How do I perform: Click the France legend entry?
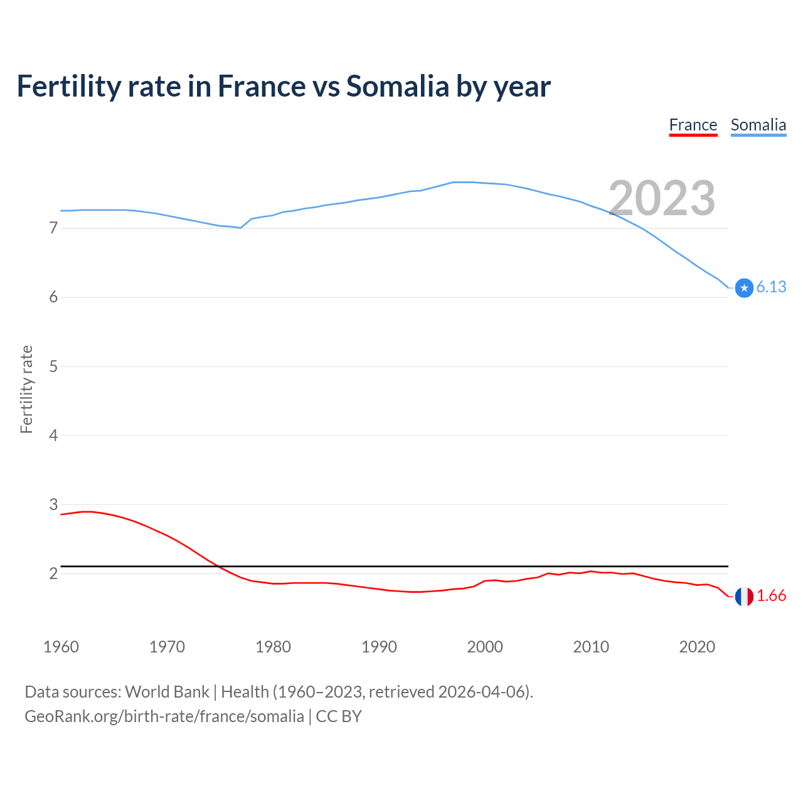click(x=693, y=125)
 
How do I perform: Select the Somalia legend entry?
click(x=758, y=125)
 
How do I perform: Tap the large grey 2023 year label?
click(x=662, y=198)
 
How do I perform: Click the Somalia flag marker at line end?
click(x=744, y=288)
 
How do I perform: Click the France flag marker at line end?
click(x=744, y=597)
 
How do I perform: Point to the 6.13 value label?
click(x=771, y=287)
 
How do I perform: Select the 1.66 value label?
click(x=771, y=596)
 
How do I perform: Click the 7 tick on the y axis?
click(x=53, y=228)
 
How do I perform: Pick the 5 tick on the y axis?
click(x=53, y=366)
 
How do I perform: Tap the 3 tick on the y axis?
click(x=53, y=504)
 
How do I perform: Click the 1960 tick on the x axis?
click(x=61, y=647)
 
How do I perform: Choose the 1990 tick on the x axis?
click(x=379, y=647)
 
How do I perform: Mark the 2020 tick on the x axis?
click(x=697, y=647)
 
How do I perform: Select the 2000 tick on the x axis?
click(x=485, y=647)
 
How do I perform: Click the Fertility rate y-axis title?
click(x=26, y=389)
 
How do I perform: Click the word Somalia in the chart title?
click(x=397, y=87)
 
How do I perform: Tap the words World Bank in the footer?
click(x=167, y=692)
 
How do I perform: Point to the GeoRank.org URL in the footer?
click(x=164, y=716)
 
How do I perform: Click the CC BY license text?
click(x=339, y=716)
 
